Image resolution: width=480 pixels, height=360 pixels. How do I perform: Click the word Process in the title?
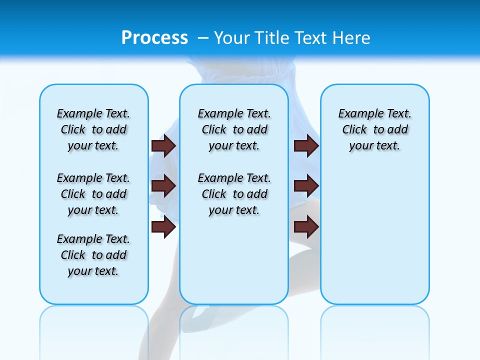click(154, 37)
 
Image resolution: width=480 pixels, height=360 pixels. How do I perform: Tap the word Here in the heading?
click(350, 37)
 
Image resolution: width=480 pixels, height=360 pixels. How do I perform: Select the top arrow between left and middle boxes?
click(163, 145)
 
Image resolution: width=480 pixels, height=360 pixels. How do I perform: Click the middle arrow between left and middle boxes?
click(163, 186)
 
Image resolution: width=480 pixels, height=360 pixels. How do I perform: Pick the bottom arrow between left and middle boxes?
click(163, 227)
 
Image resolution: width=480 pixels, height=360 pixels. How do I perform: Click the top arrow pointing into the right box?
click(306, 145)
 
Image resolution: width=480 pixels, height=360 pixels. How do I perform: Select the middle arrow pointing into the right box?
click(306, 186)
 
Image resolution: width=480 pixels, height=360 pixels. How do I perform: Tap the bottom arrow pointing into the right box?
click(306, 227)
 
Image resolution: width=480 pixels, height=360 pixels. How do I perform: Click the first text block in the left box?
click(93, 129)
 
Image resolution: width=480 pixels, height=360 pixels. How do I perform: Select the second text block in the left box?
click(93, 194)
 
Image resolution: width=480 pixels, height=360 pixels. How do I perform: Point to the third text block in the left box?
click(93, 255)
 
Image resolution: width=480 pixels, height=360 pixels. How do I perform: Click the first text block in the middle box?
click(234, 129)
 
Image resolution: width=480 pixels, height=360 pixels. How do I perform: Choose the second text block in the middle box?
click(234, 194)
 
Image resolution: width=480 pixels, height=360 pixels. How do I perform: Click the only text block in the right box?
click(374, 129)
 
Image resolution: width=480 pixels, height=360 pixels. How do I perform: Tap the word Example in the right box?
click(356, 113)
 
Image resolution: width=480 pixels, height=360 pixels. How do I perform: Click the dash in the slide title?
click(203, 38)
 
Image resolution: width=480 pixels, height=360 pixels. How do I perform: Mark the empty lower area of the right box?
click(374, 240)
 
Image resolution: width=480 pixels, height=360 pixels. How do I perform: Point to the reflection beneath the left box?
click(94, 330)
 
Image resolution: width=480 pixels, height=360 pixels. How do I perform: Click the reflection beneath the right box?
click(374, 330)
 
